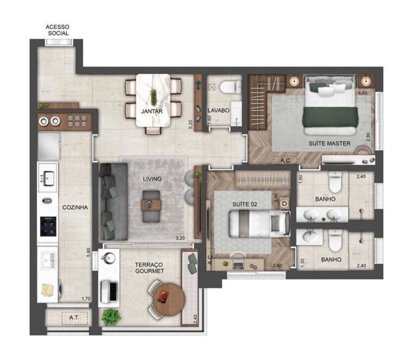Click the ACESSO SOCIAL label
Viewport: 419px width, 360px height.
click(x=58, y=30)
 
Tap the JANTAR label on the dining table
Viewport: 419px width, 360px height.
click(x=152, y=111)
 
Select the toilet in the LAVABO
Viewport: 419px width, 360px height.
click(x=228, y=87)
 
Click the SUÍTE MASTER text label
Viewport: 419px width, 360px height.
click(x=329, y=143)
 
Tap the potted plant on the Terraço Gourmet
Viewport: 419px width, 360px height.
click(x=111, y=317)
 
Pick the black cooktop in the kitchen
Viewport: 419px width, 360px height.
click(x=48, y=226)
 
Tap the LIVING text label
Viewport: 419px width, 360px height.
click(x=152, y=179)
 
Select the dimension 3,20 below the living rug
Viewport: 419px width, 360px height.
click(x=180, y=239)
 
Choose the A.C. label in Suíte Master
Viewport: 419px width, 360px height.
click(x=285, y=160)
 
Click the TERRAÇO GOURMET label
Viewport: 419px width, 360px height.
click(x=150, y=268)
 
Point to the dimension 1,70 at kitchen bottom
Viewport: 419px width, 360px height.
click(x=85, y=299)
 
